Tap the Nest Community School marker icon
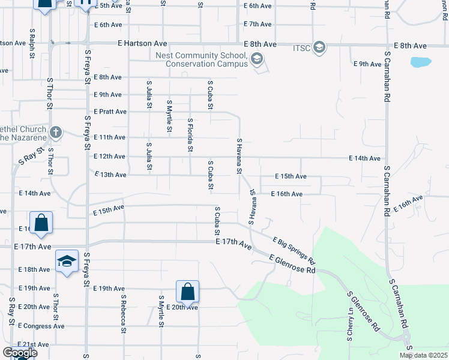[257, 58]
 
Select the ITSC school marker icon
[319, 47]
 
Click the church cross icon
[55, 132]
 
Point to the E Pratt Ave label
[110, 112]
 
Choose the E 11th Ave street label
[110, 137]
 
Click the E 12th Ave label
[110, 157]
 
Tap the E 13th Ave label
[110, 175]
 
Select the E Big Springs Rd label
[294, 250]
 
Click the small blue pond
[420, 62]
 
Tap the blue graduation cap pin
[67, 261]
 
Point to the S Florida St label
[190, 133]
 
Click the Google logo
[19, 353]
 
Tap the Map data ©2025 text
[423, 355]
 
